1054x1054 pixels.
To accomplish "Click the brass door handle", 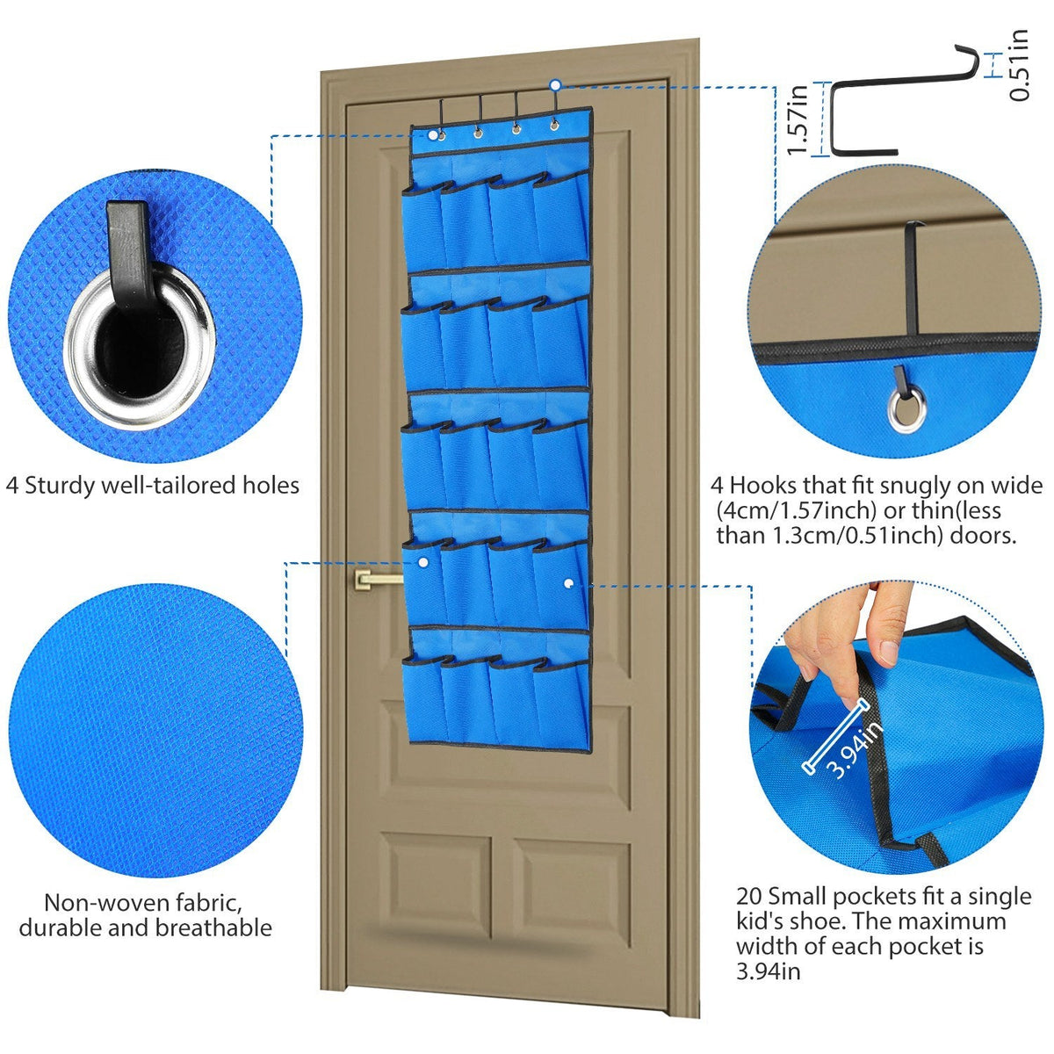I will click(376, 578).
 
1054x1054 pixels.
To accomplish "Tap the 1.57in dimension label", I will click(798, 119).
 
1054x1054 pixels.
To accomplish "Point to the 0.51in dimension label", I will click(1019, 66).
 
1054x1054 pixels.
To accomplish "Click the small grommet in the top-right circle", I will click(906, 408).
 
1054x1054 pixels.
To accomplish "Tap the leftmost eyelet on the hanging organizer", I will click(440, 135).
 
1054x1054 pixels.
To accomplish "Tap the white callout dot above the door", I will click(555, 85).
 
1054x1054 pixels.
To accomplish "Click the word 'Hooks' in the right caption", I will click(762, 486).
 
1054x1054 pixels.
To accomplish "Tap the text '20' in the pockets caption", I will click(749, 896).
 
